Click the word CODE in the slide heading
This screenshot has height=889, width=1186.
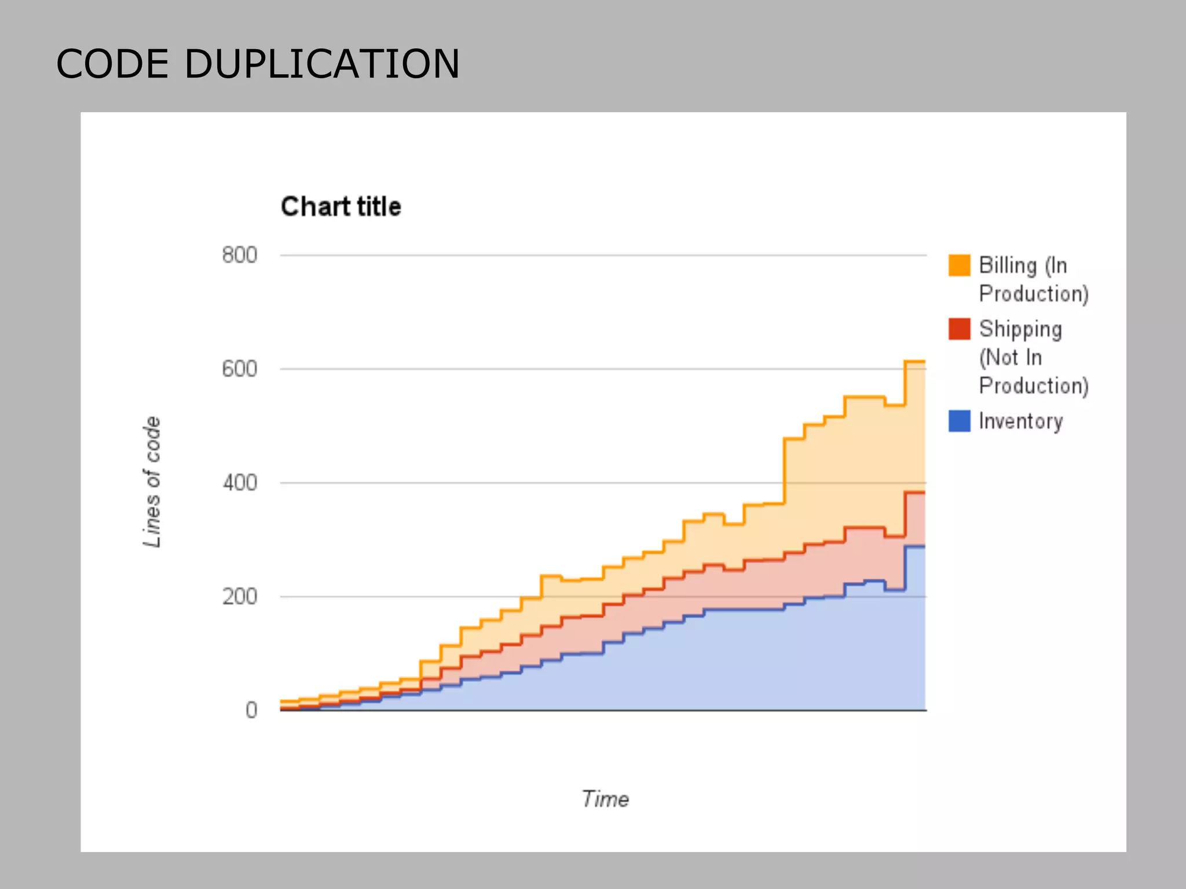coord(112,64)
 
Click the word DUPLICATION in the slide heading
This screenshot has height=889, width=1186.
coord(322,64)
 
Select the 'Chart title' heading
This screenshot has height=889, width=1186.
coord(341,207)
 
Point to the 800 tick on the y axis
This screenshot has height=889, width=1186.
coord(239,255)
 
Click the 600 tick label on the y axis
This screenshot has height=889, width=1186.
coord(239,369)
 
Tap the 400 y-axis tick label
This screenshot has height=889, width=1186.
coord(239,483)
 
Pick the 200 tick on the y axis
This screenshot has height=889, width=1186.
coord(239,596)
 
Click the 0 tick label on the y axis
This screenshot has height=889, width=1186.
coord(251,710)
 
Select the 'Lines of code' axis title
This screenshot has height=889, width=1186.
coord(152,482)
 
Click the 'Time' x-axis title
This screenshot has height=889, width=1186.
coord(605,799)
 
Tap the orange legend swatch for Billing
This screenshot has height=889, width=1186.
coord(959,265)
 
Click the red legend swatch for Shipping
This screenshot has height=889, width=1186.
coord(959,329)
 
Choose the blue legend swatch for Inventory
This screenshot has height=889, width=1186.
coord(959,421)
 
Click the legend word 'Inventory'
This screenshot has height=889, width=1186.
coord(1021,421)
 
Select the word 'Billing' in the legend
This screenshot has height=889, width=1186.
coord(1008,266)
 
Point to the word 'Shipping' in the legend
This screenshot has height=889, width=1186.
coord(1020,329)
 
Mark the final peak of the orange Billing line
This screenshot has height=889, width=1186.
coord(915,362)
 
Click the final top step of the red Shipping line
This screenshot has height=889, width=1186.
coord(915,493)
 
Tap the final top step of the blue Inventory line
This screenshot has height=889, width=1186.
coord(915,546)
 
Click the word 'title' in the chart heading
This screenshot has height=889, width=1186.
coord(379,207)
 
